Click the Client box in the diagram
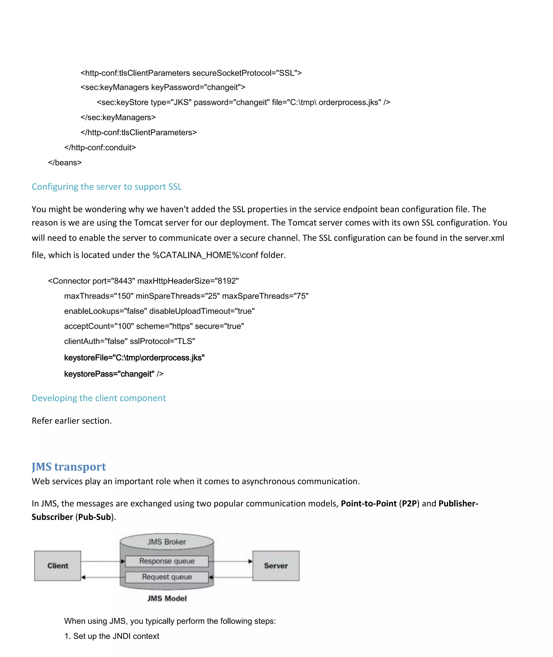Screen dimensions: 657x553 coord(58,565)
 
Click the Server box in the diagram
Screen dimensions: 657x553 coord(276,565)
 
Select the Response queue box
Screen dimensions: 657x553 coord(167,561)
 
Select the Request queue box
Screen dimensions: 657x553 coord(167,577)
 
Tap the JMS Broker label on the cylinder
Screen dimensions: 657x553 coord(167,542)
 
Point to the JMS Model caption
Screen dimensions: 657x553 coord(167,598)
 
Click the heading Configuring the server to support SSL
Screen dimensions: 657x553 coord(107,187)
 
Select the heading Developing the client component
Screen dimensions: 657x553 coord(99,398)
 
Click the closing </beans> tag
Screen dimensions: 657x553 coord(65,163)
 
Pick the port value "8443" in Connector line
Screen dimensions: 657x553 coord(123,281)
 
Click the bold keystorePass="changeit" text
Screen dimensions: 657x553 coord(109,374)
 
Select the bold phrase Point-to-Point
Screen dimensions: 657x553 coord(369,503)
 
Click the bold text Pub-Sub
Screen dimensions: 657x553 coord(94,517)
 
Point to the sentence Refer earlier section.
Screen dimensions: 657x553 coord(72,421)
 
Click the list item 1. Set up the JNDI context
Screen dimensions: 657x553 coord(112,636)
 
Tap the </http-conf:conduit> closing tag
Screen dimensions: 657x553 coord(100,148)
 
